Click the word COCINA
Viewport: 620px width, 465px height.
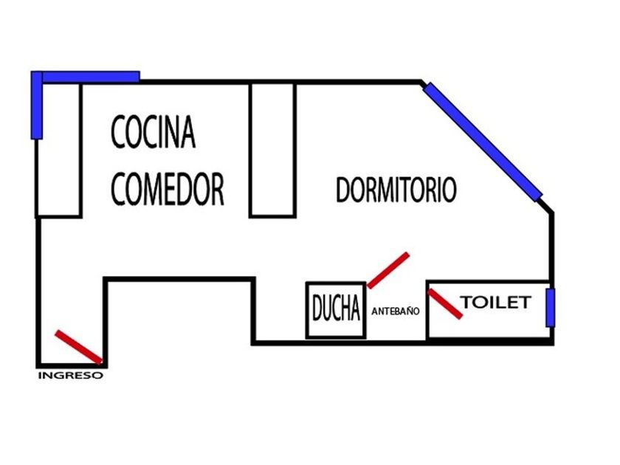[154, 132]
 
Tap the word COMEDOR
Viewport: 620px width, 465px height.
[168, 189]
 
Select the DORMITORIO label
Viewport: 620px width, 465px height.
[396, 190]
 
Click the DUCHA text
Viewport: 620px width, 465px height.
[336, 310]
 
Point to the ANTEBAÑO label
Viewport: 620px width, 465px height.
[396, 312]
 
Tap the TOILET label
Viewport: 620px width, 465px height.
[496, 303]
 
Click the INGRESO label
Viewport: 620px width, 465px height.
[70, 375]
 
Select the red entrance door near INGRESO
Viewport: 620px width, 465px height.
[78, 346]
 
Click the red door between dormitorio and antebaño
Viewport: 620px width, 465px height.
[387, 270]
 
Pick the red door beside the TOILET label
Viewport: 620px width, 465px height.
[446, 303]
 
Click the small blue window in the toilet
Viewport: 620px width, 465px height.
[550, 307]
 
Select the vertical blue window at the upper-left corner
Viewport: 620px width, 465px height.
[36, 105]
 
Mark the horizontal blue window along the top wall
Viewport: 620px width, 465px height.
[91, 76]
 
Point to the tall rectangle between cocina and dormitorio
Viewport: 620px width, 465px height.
[272, 150]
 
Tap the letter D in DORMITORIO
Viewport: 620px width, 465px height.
[343, 190]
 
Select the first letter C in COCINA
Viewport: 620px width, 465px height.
[118, 133]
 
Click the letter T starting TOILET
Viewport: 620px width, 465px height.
[467, 303]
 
